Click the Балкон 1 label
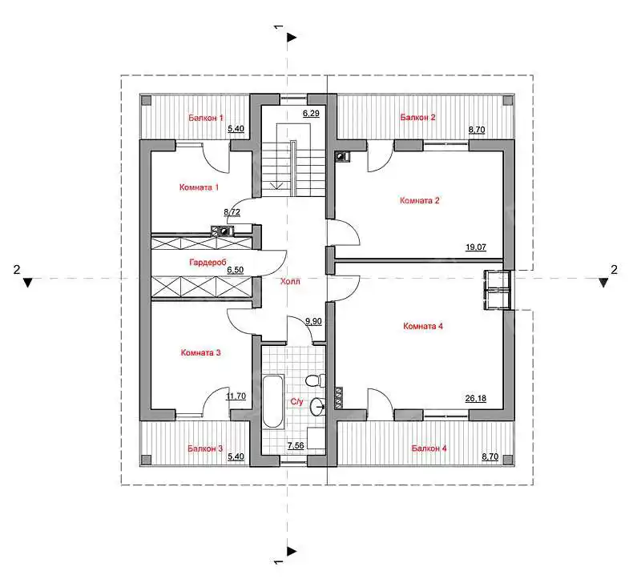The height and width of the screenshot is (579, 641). point(206,118)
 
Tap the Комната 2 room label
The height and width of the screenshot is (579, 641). point(419,201)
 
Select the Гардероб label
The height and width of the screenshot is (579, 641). point(208,262)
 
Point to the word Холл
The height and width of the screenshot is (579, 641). point(290,281)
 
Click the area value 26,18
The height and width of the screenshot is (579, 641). point(476,398)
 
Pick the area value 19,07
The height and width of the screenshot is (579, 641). point(476,247)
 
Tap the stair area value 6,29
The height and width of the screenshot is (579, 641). point(311,113)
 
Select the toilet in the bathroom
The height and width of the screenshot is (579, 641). point(315,380)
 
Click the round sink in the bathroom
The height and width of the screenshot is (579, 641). point(317,406)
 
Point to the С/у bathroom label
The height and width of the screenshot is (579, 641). point(296,402)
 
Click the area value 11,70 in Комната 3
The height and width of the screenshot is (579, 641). point(236,396)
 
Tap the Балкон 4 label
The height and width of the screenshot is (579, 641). point(429,448)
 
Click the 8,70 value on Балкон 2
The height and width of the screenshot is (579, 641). point(477,130)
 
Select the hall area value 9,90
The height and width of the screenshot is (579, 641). point(313,322)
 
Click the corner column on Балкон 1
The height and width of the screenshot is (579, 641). point(147,101)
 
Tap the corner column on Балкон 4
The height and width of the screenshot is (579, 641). point(507,460)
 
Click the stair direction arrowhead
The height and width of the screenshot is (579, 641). point(277,186)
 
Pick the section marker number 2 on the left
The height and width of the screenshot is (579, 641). point(16,270)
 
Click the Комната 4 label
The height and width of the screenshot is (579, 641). point(423,327)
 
